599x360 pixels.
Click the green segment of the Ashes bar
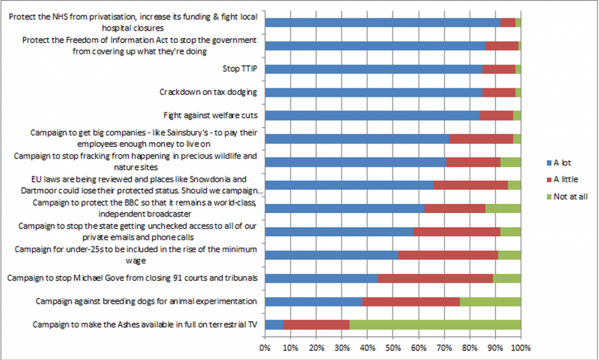[x=435, y=325]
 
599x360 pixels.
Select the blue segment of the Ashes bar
[x=274, y=325]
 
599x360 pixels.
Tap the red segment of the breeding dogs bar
[x=411, y=301]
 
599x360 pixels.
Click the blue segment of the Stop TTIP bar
[x=374, y=69]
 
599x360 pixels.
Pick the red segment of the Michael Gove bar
[x=436, y=278]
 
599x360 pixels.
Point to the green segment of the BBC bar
[x=503, y=208]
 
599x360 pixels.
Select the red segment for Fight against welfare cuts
[x=497, y=115]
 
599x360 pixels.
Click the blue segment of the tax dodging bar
[x=374, y=92]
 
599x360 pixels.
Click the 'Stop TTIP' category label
[x=240, y=69]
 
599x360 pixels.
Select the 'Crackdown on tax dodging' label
[x=208, y=92]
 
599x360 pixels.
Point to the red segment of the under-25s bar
[x=448, y=255]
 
